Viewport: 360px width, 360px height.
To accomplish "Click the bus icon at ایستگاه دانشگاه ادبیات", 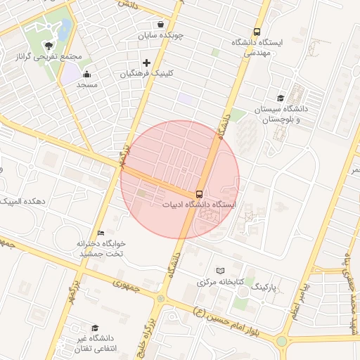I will pos(200,193).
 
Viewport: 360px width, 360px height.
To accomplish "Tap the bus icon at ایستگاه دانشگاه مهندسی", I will pos(257,32).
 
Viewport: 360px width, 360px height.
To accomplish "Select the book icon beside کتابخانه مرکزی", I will pos(220,270).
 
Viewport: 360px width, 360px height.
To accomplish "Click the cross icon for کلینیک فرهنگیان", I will pos(146,63).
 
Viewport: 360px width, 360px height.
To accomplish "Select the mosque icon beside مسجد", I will pos(86,74).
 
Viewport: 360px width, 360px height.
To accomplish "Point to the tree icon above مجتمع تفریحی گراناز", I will pos(48,44).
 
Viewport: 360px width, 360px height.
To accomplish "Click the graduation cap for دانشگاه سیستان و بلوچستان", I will pos(281,98).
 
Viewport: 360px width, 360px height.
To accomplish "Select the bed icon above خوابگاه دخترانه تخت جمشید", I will pos(101,233).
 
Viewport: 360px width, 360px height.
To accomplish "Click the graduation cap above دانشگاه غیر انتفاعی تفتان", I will pos(95,328).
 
